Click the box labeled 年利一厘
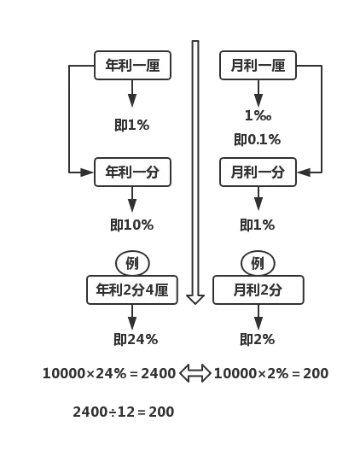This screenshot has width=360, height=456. (x=132, y=66)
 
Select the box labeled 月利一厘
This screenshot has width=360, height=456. (x=258, y=66)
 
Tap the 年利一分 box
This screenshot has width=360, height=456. (x=132, y=172)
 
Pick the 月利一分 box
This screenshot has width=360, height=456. (x=258, y=172)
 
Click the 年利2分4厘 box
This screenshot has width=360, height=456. (x=132, y=290)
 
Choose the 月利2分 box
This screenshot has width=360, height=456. (x=258, y=290)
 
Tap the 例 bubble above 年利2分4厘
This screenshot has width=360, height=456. (x=132, y=263)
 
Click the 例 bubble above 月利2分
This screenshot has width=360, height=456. (x=258, y=263)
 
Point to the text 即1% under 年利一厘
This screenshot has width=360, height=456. (x=131, y=125)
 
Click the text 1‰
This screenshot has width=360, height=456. (x=258, y=115)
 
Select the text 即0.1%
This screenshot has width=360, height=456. (x=257, y=139)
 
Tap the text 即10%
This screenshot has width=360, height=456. (x=131, y=225)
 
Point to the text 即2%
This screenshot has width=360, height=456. (x=257, y=339)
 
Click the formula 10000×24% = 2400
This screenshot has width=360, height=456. (x=108, y=373)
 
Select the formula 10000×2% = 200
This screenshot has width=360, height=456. (x=270, y=373)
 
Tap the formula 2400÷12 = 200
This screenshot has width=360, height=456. (x=123, y=412)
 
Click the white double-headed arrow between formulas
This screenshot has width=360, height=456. (x=195, y=373)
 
